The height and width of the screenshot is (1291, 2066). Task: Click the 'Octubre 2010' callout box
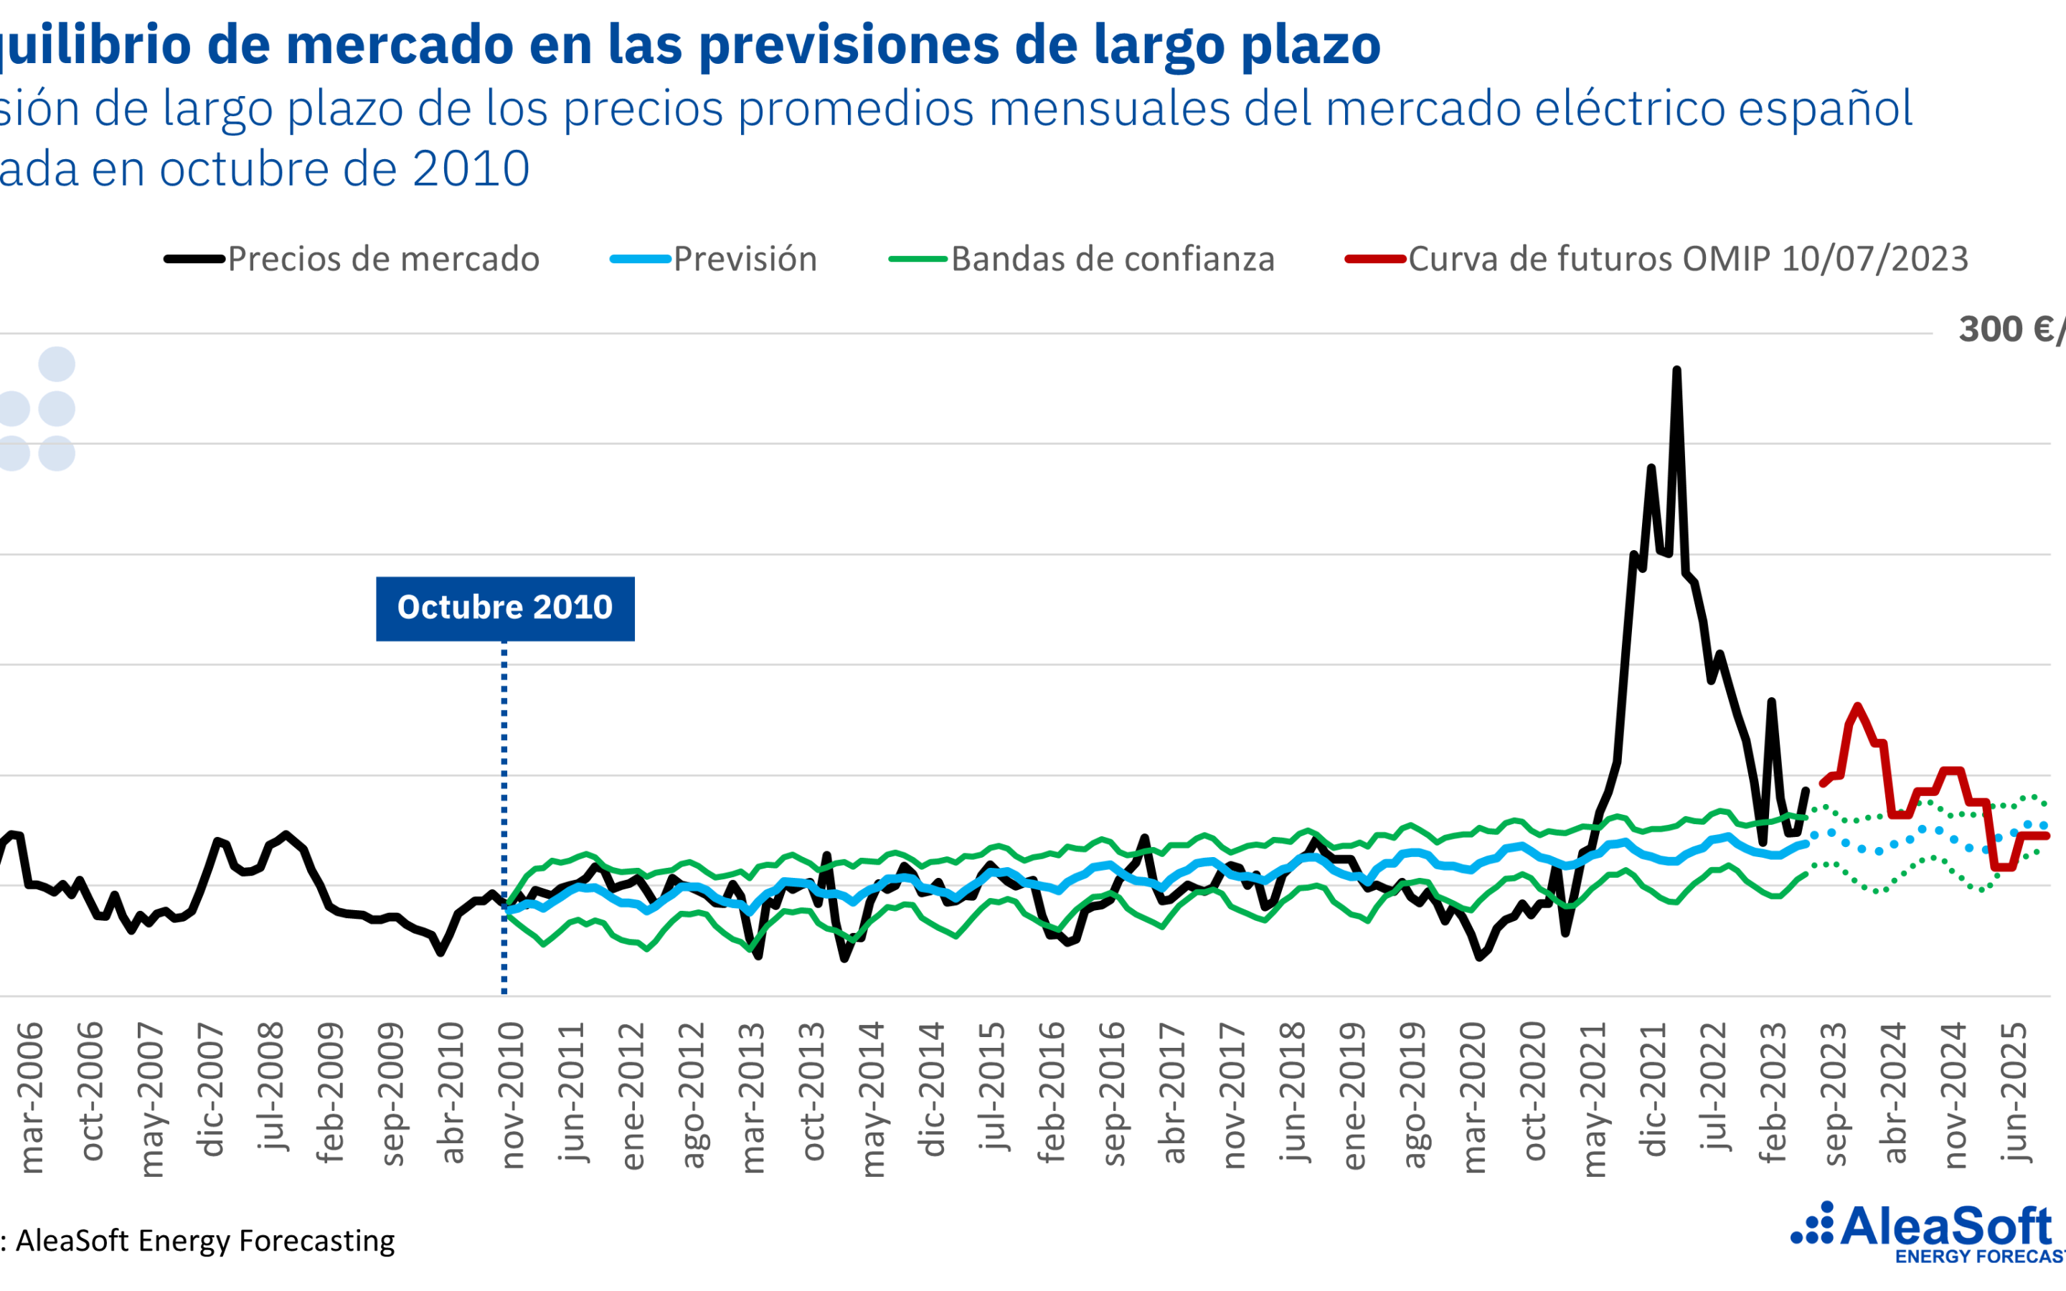(504, 608)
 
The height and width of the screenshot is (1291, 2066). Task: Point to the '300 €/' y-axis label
(2011, 330)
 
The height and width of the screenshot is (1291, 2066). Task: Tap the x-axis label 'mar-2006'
(31, 1098)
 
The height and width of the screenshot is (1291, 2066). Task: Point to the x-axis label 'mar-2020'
(1474, 1098)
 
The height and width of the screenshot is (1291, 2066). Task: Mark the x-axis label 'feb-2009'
(329, 1093)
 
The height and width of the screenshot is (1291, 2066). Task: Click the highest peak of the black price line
(1676, 371)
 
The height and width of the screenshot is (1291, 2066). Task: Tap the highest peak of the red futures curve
(1858, 706)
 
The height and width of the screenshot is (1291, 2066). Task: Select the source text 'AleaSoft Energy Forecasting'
(205, 1241)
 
